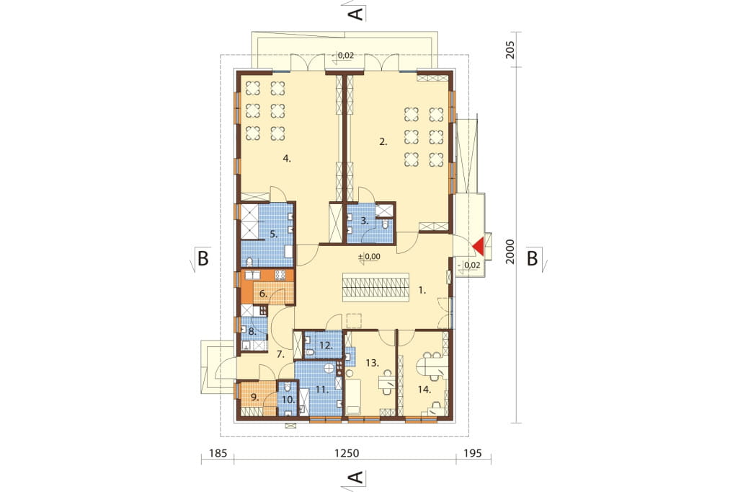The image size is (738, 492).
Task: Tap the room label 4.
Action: [287, 158]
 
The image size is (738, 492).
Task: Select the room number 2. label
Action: [383, 141]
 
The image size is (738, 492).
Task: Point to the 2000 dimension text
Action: [510, 251]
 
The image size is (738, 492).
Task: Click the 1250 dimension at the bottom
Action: [347, 453]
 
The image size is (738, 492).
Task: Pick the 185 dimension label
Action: [218, 453]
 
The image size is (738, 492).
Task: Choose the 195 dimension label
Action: [473, 453]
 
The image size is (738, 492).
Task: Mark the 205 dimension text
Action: [510, 50]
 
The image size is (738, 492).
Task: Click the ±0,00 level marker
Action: [370, 256]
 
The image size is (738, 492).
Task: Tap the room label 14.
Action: [424, 390]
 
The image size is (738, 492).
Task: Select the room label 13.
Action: [373, 363]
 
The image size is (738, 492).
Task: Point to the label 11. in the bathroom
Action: [322, 390]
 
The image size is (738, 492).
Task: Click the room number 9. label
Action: [255, 397]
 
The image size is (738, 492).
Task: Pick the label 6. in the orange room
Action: [264, 294]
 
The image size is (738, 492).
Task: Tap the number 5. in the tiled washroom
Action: [274, 233]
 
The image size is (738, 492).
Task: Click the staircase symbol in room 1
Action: [375, 287]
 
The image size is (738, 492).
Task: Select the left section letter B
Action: [202, 258]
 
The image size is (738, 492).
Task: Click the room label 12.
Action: [326, 346]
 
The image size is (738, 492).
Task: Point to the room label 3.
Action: [365, 220]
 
